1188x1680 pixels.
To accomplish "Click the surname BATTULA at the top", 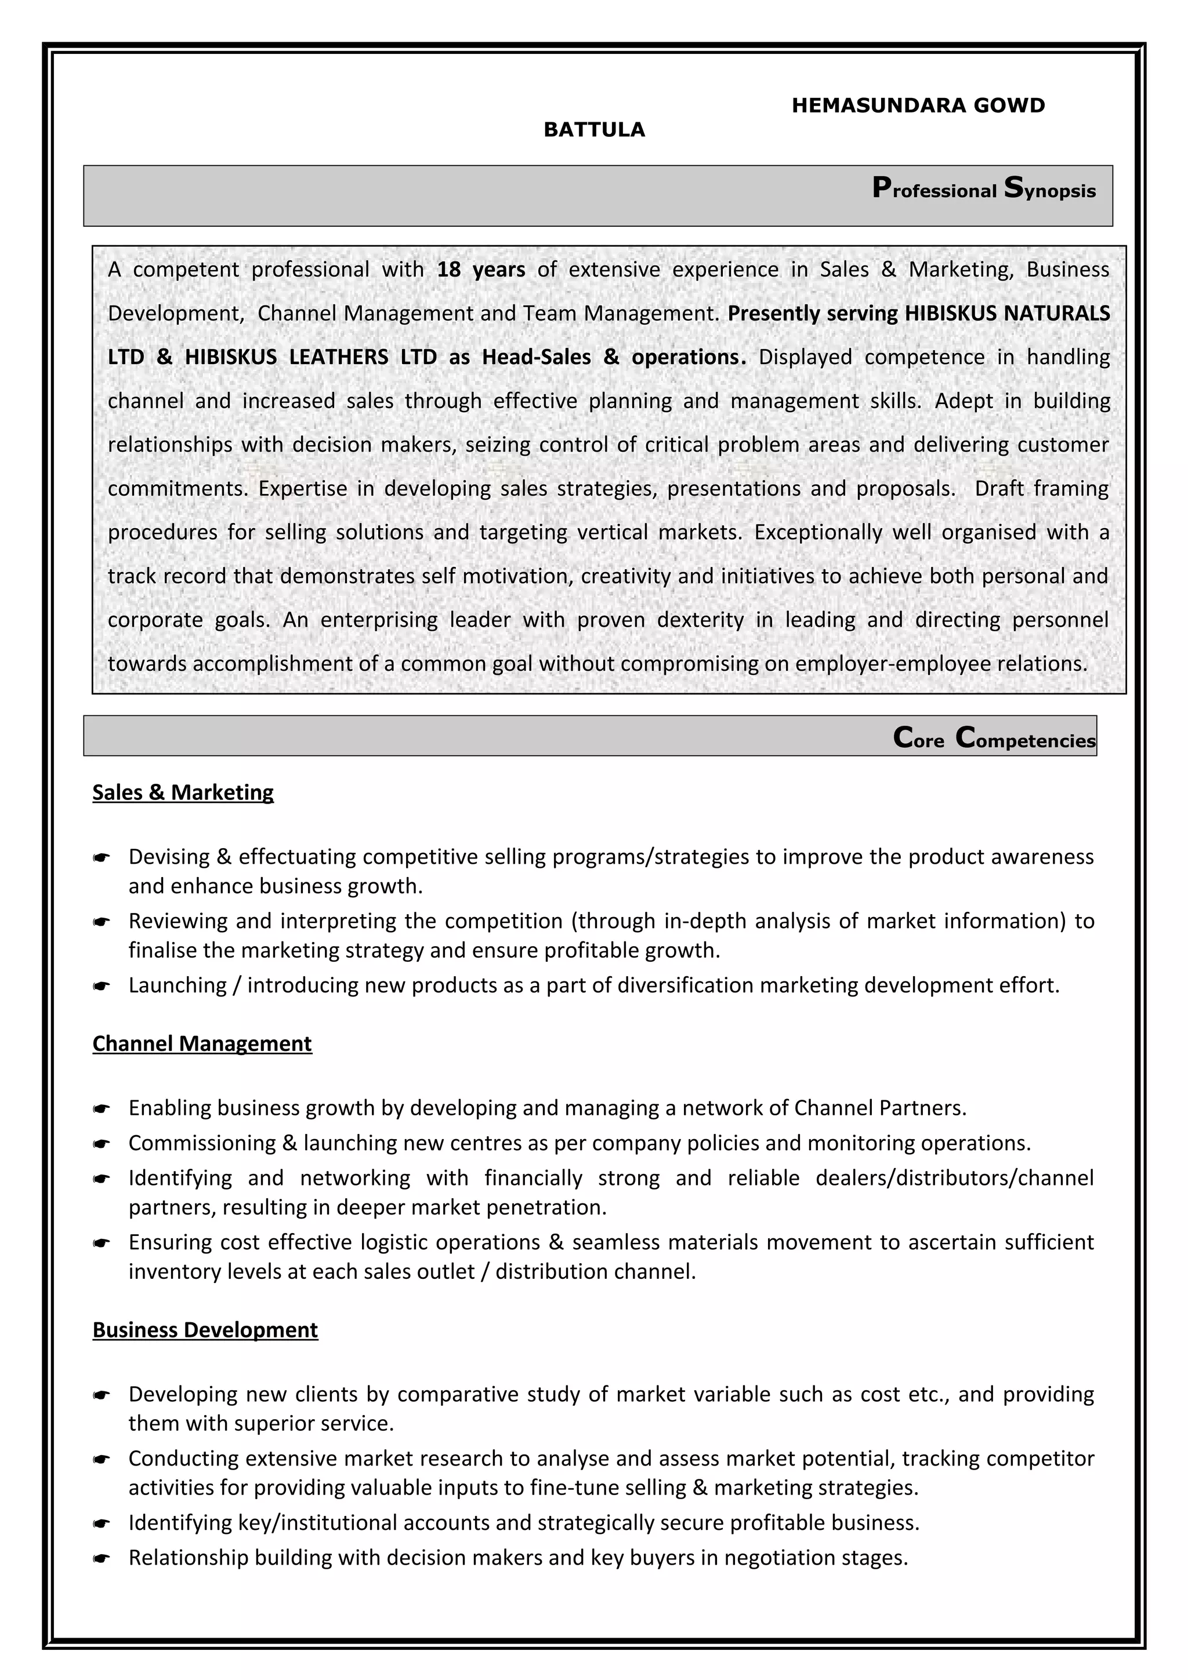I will [x=593, y=130].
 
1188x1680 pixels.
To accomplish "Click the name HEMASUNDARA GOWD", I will [x=918, y=106].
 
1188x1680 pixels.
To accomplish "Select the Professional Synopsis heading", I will [x=983, y=190].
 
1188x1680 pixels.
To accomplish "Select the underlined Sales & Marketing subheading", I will [x=183, y=792].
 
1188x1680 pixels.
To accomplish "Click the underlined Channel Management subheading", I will [x=202, y=1043].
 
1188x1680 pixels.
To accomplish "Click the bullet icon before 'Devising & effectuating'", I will [x=101, y=857].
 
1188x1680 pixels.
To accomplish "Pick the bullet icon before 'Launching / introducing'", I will [x=101, y=986].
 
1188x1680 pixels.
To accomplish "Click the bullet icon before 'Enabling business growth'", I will [x=101, y=1109].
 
